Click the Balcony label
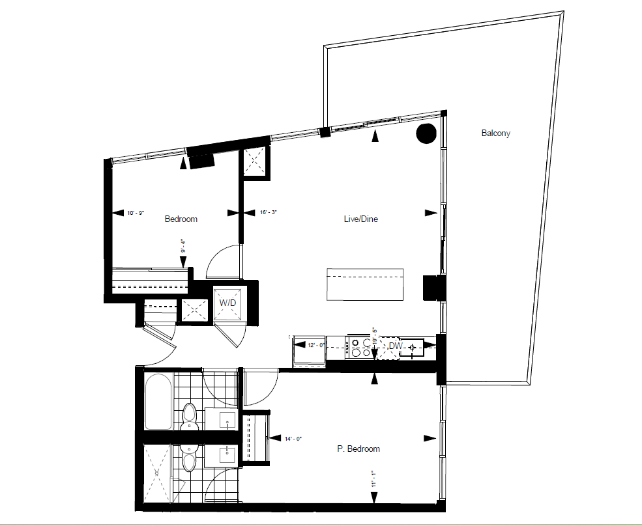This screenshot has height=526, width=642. click(495, 133)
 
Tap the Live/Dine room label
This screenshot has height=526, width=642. click(360, 219)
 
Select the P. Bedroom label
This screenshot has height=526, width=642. click(358, 449)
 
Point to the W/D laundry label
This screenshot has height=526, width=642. click(227, 303)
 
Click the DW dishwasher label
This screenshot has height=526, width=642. click(396, 346)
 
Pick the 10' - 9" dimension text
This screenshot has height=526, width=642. click(136, 213)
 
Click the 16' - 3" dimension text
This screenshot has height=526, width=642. click(269, 212)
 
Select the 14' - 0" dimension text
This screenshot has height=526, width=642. click(293, 439)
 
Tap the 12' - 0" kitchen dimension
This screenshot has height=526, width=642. click(316, 345)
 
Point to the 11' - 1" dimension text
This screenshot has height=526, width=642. click(373, 479)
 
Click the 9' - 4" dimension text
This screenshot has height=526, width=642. click(183, 245)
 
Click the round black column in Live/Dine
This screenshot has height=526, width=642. click(426, 133)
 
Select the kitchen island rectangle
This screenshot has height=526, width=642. click(365, 284)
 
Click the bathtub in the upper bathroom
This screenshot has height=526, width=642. click(158, 401)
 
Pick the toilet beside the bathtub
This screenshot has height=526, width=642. click(189, 417)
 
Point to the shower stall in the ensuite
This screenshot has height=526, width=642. click(156, 473)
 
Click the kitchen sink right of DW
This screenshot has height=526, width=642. click(412, 348)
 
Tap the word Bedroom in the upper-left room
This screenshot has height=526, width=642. click(181, 219)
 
